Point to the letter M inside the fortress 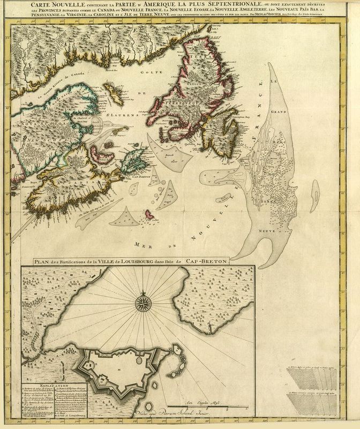pyautogui.click(x=118, y=370)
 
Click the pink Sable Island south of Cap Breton pyautogui.click(x=146, y=216)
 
